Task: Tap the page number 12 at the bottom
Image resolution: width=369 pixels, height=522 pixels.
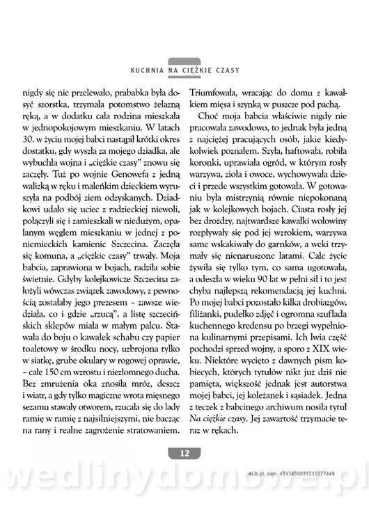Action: coord(184,454)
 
